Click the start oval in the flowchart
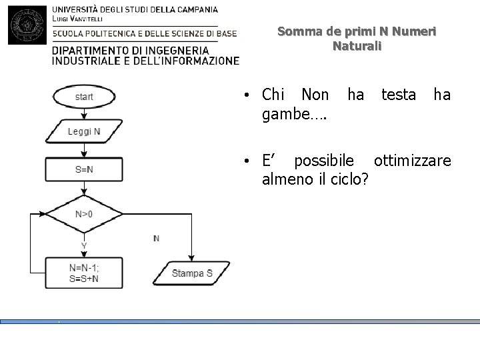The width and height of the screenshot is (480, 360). coord(84,97)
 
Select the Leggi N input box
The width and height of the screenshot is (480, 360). coord(84,132)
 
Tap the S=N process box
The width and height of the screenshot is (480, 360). coord(84,169)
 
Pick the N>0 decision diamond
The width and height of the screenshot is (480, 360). coord(84,215)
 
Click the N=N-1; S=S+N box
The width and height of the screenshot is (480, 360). coord(84,273)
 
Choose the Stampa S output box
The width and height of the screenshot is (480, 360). coord(192,273)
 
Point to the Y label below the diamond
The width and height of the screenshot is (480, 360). coord(84,246)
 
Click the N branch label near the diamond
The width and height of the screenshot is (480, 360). coord(156,238)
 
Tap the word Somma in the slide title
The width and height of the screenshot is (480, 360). coord(295,31)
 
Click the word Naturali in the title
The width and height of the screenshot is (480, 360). coord(356,47)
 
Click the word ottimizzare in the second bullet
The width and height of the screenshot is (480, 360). coord(412,161)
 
